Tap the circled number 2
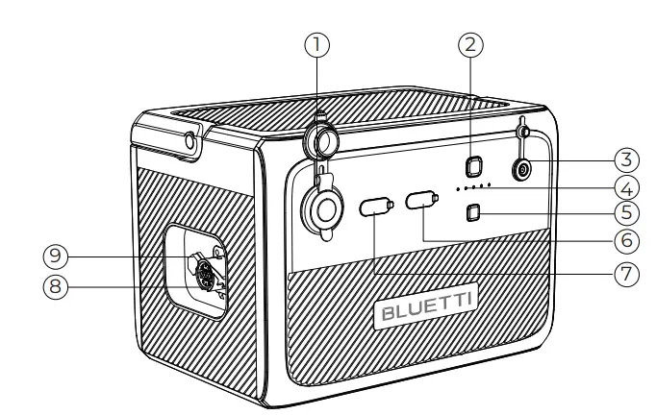471,42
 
